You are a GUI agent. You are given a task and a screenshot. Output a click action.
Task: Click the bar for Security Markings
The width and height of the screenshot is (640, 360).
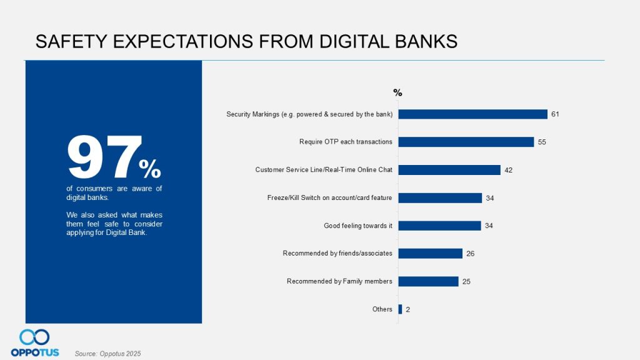(472, 114)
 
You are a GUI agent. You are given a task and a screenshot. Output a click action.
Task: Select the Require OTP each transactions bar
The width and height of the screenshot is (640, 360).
(466, 142)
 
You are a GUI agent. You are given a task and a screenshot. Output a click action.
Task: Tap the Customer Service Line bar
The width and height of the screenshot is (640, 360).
(449, 170)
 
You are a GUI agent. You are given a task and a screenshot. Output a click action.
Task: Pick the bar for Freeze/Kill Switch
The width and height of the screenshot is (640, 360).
(440, 198)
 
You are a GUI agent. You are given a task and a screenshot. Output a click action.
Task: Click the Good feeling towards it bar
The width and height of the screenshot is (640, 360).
(439, 226)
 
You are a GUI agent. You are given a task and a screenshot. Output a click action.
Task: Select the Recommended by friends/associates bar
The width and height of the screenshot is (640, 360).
(430, 253)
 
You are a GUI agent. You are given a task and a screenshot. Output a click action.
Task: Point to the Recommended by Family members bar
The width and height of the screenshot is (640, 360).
(428, 281)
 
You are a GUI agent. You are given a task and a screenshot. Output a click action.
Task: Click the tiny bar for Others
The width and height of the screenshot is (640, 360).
(400, 309)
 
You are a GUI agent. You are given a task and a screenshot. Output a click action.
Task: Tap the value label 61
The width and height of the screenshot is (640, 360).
(554, 114)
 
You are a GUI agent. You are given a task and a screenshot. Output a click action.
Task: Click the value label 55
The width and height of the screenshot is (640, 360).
(542, 142)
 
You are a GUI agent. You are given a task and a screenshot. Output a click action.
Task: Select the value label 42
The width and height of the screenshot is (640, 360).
(509, 170)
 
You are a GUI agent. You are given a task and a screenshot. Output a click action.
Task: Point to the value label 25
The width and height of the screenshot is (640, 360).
(466, 281)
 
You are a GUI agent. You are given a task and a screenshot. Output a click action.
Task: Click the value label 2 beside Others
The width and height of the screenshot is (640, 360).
(407, 309)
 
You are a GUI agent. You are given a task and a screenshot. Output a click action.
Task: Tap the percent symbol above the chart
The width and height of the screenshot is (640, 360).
(397, 92)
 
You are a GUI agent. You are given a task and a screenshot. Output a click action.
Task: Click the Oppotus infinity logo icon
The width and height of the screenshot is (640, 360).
(34, 337)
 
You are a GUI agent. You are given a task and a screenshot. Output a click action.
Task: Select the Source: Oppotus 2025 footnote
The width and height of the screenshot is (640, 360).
(107, 354)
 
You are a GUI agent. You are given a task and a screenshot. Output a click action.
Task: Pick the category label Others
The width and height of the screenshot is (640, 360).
(382, 309)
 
